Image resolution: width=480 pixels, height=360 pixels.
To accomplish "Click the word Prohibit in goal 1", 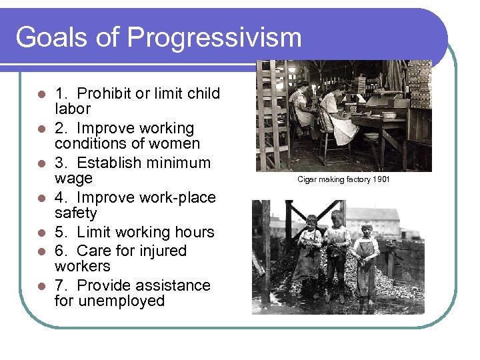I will coord(105,93).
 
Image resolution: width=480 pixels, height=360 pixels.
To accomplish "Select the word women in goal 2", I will coord(175,143).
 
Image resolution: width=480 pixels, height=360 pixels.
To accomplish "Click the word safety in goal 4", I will coord(75,213).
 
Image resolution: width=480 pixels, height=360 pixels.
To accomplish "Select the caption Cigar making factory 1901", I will coord(343,179).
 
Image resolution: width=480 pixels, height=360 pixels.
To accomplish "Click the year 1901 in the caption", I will coord(381,179).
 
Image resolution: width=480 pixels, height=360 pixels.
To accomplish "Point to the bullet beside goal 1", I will coord(41,94).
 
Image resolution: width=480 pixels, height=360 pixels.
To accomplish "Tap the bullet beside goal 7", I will coord(41,286).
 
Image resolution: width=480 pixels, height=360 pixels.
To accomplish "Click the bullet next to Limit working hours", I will coord(41,233).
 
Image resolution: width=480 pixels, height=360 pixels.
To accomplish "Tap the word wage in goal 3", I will coord(73,179).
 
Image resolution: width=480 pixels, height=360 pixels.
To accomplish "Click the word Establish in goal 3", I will coord(109,163).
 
